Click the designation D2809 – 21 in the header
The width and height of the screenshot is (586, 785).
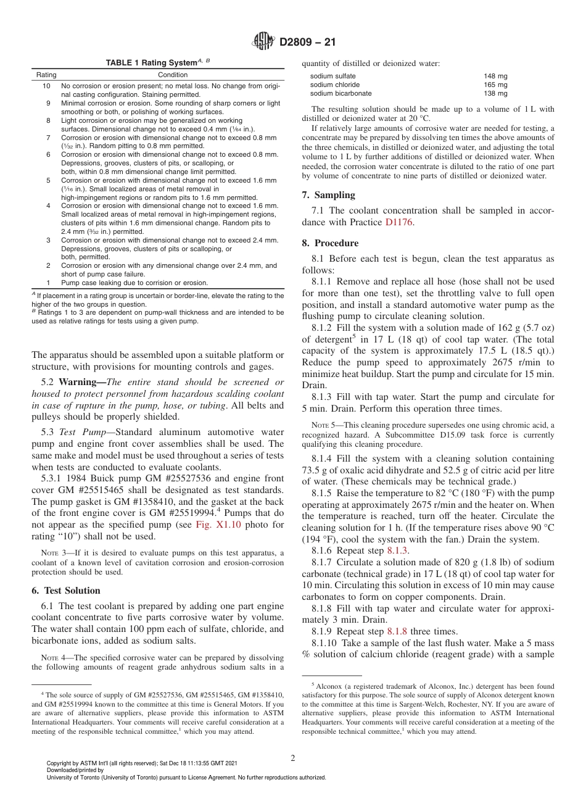pyautogui.click(x=307, y=43)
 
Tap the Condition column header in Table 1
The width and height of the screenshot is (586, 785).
pyautogui.click(x=173, y=75)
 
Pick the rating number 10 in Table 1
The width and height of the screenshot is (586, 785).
pyautogui.click(x=46, y=86)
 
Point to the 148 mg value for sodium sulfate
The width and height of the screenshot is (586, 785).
pyautogui.click(x=495, y=76)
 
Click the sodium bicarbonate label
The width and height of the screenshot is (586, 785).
pyautogui.click(x=340, y=93)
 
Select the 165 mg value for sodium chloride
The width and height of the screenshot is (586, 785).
pyautogui.click(x=495, y=85)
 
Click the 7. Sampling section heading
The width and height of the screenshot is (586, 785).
pyautogui.click(x=328, y=195)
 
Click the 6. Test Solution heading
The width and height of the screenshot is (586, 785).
pyautogui.click(x=65, y=590)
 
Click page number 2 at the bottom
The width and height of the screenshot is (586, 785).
pyautogui.click(x=292, y=758)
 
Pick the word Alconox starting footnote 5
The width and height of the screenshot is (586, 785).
pyautogui.click(x=330, y=686)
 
